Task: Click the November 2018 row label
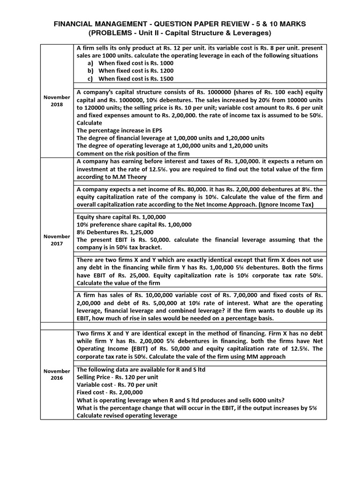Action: [57, 100]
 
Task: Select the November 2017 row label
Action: [57, 240]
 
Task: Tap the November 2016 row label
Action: [57, 374]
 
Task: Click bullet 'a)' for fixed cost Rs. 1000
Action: [90, 63]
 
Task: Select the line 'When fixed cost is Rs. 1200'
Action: [135, 71]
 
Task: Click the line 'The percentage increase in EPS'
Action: [120, 130]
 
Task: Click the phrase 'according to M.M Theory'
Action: [112, 177]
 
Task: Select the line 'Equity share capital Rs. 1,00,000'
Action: [121, 217]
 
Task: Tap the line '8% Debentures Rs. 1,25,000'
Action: [115, 232]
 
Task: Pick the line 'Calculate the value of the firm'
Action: [119, 283]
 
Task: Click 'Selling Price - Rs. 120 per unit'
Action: [117, 377]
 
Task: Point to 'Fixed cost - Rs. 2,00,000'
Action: [110, 392]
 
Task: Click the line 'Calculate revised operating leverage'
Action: [127, 415]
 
